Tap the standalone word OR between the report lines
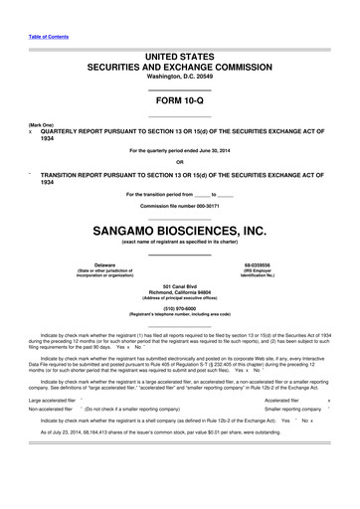click(x=179, y=162)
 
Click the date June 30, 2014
click(x=222, y=150)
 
